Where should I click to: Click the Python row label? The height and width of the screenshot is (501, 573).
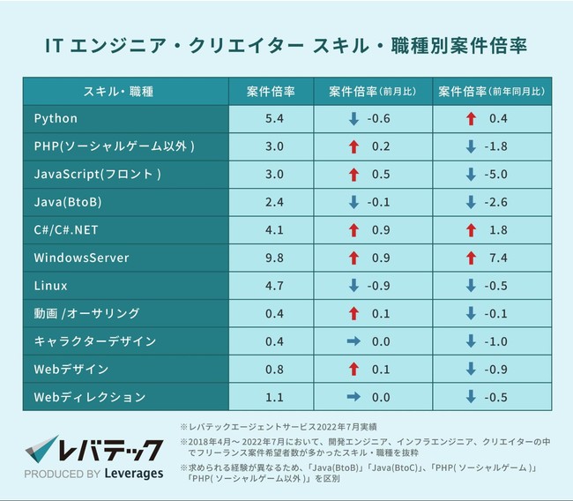[x=56, y=119]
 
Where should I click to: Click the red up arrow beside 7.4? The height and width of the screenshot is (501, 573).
[x=471, y=258]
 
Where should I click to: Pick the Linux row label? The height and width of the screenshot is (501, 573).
[x=50, y=287]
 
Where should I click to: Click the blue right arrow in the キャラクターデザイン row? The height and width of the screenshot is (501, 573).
[x=353, y=342]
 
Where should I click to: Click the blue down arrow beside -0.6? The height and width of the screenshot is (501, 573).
[x=353, y=119]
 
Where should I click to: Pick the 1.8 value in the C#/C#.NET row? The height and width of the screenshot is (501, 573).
[x=498, y=230]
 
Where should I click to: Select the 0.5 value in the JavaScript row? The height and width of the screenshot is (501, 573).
[x=381, y=175]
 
